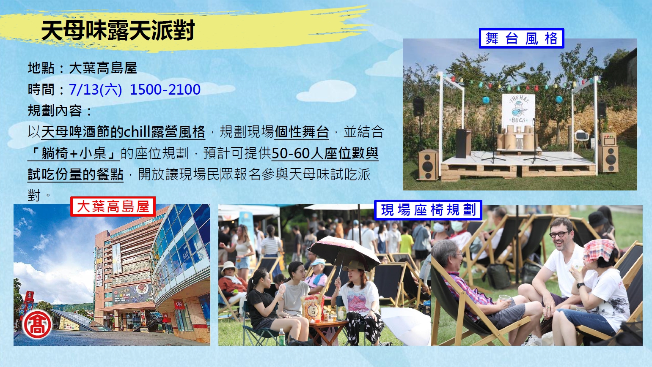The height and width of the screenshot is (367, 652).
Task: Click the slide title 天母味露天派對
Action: [x=118, y=30]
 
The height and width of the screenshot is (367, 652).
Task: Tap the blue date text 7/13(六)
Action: [x=96, y=89]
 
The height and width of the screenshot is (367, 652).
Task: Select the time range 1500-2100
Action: [x=165, y=89]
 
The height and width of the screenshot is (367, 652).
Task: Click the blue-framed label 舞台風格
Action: [x=521, y=38]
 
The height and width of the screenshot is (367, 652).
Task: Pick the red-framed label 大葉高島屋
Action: [x=113, y=207]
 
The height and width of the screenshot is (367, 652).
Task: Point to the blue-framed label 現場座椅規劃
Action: [x=428, y=210]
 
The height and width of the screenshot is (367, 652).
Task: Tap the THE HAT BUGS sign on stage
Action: [x=518, y=109]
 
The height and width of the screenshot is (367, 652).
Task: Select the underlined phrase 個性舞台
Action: [x=302, y=132]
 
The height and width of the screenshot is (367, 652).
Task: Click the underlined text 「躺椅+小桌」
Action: [x=74, y=153]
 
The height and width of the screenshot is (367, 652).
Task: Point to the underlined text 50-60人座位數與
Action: [x=325, y=153]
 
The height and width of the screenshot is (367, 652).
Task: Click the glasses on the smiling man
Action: [x=559, y=234]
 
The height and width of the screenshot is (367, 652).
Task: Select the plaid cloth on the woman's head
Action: [x=600, y=250]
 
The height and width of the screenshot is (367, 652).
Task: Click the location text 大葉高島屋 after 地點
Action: [x=103, y=68]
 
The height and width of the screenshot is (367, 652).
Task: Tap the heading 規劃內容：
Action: [x=60, y=110]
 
